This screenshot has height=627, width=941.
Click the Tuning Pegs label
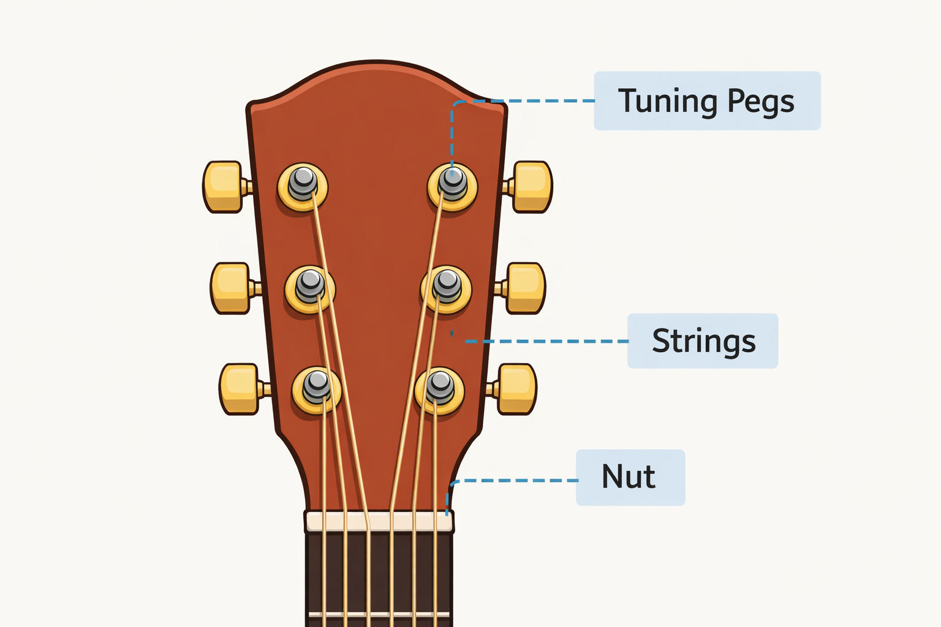(706, 101)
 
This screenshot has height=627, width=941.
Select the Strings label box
(702, 341)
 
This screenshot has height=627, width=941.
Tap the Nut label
(630, 478)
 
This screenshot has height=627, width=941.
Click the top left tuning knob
(223, 187)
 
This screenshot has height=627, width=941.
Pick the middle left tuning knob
(230, 288)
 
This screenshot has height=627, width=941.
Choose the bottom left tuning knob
(240, 389)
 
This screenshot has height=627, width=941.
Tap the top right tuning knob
(532, 187)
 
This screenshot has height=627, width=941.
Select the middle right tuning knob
(525, 288)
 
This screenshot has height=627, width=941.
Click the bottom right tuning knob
(516, 389)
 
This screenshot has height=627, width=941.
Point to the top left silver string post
(303, 181)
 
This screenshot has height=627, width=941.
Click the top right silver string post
(453, 180)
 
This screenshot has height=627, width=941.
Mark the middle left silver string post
(311, 283)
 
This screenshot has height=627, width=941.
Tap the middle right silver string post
(447, 283)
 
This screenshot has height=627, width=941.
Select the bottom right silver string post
(440, 384)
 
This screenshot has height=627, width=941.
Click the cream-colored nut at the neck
(379, 522)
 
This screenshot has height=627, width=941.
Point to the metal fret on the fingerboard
(379, 614)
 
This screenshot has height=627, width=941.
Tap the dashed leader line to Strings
(545, 341)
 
